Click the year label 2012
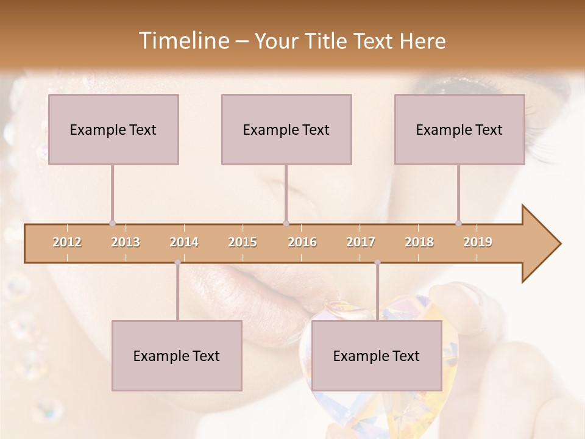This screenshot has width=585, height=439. click(x=67, y=242)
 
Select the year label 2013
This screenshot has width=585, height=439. click(x=126, y=242)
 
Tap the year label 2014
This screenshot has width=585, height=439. click(x=184, y=242)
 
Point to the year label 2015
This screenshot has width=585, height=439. click(x=243, y=242)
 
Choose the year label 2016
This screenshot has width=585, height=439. click(x=302, y=242)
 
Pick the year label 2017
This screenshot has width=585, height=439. click(x=361, y=242)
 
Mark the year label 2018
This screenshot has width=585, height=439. click(x=419, y=242)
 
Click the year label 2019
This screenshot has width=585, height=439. click(x=478, y=242)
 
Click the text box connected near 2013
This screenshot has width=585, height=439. click(x=113, y=129)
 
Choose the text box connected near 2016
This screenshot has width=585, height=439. click(x=286, y=129)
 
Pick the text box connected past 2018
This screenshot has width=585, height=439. click(x=459, y=129)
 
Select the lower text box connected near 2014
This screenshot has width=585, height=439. click(x=177, y=355)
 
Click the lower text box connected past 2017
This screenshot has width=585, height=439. click(x=377, y=355)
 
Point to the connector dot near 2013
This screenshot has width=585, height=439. click(x=112, y=224)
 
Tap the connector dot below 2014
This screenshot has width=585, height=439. click(x=177, y=262)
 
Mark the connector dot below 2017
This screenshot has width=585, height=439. click(x=377, y=262)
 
